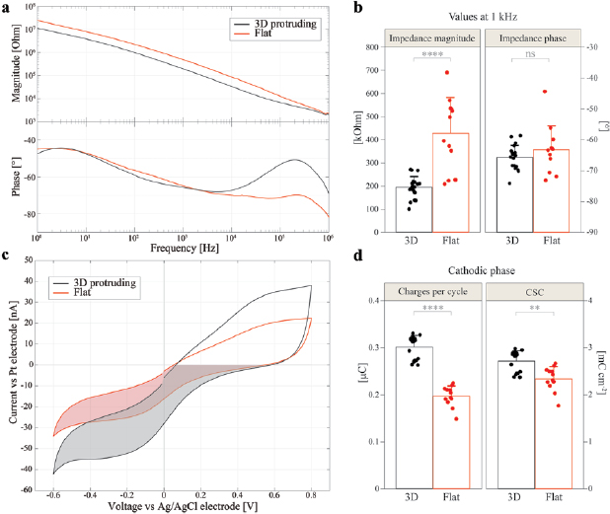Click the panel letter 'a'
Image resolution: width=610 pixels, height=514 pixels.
[x=7, y=8]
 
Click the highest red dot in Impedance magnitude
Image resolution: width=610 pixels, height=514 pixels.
[x=446, y=72]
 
